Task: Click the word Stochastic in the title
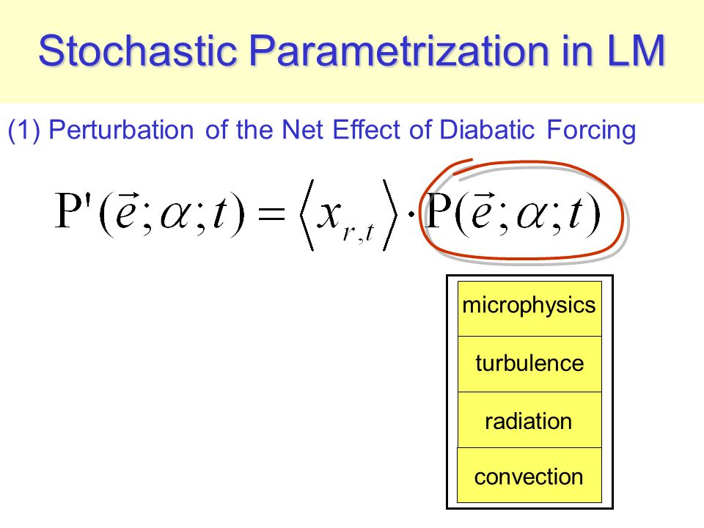(138, 51)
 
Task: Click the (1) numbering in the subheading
(24, 131)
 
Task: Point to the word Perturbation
(121, 130)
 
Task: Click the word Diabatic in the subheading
(487, 130)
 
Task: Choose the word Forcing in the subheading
(591, 131)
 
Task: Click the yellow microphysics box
(529, 309)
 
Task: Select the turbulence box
(529, 364)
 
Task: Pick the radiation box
(529, 419)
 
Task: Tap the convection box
(529, 475)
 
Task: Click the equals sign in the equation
(271, 213)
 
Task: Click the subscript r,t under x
(358, 232)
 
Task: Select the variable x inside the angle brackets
(329, 214)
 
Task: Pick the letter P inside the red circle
(439, 210)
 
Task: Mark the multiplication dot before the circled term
(411, 213)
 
